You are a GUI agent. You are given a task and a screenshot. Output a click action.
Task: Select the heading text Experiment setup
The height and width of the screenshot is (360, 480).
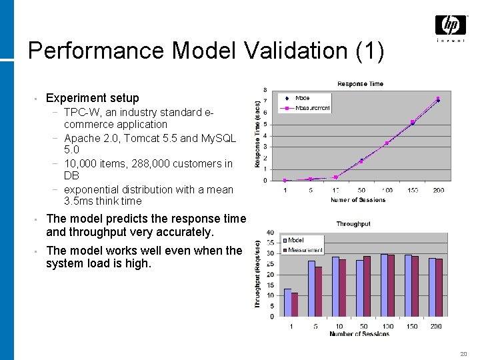pos(93,98)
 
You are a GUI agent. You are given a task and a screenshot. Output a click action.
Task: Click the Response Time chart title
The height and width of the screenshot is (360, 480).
pos(360,84)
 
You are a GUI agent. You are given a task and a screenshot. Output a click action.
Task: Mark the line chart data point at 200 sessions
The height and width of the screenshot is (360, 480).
pos(438,99)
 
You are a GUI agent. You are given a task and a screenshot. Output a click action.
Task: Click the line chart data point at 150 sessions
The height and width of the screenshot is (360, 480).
pos(413,122)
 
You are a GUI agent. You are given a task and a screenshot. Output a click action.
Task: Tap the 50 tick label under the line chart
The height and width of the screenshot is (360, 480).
pos(361,190)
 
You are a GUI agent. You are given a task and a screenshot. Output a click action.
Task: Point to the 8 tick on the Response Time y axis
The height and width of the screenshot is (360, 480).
pos(265,90)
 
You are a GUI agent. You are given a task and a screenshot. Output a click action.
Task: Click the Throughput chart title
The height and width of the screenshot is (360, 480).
pos(353,224)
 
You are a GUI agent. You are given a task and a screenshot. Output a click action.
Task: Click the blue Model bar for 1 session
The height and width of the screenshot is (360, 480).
pos(287,303)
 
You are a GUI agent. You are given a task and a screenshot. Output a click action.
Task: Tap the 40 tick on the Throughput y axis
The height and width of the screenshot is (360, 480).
pos(269,232)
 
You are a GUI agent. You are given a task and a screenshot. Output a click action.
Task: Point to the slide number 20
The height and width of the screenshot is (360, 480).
pos(463,353)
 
